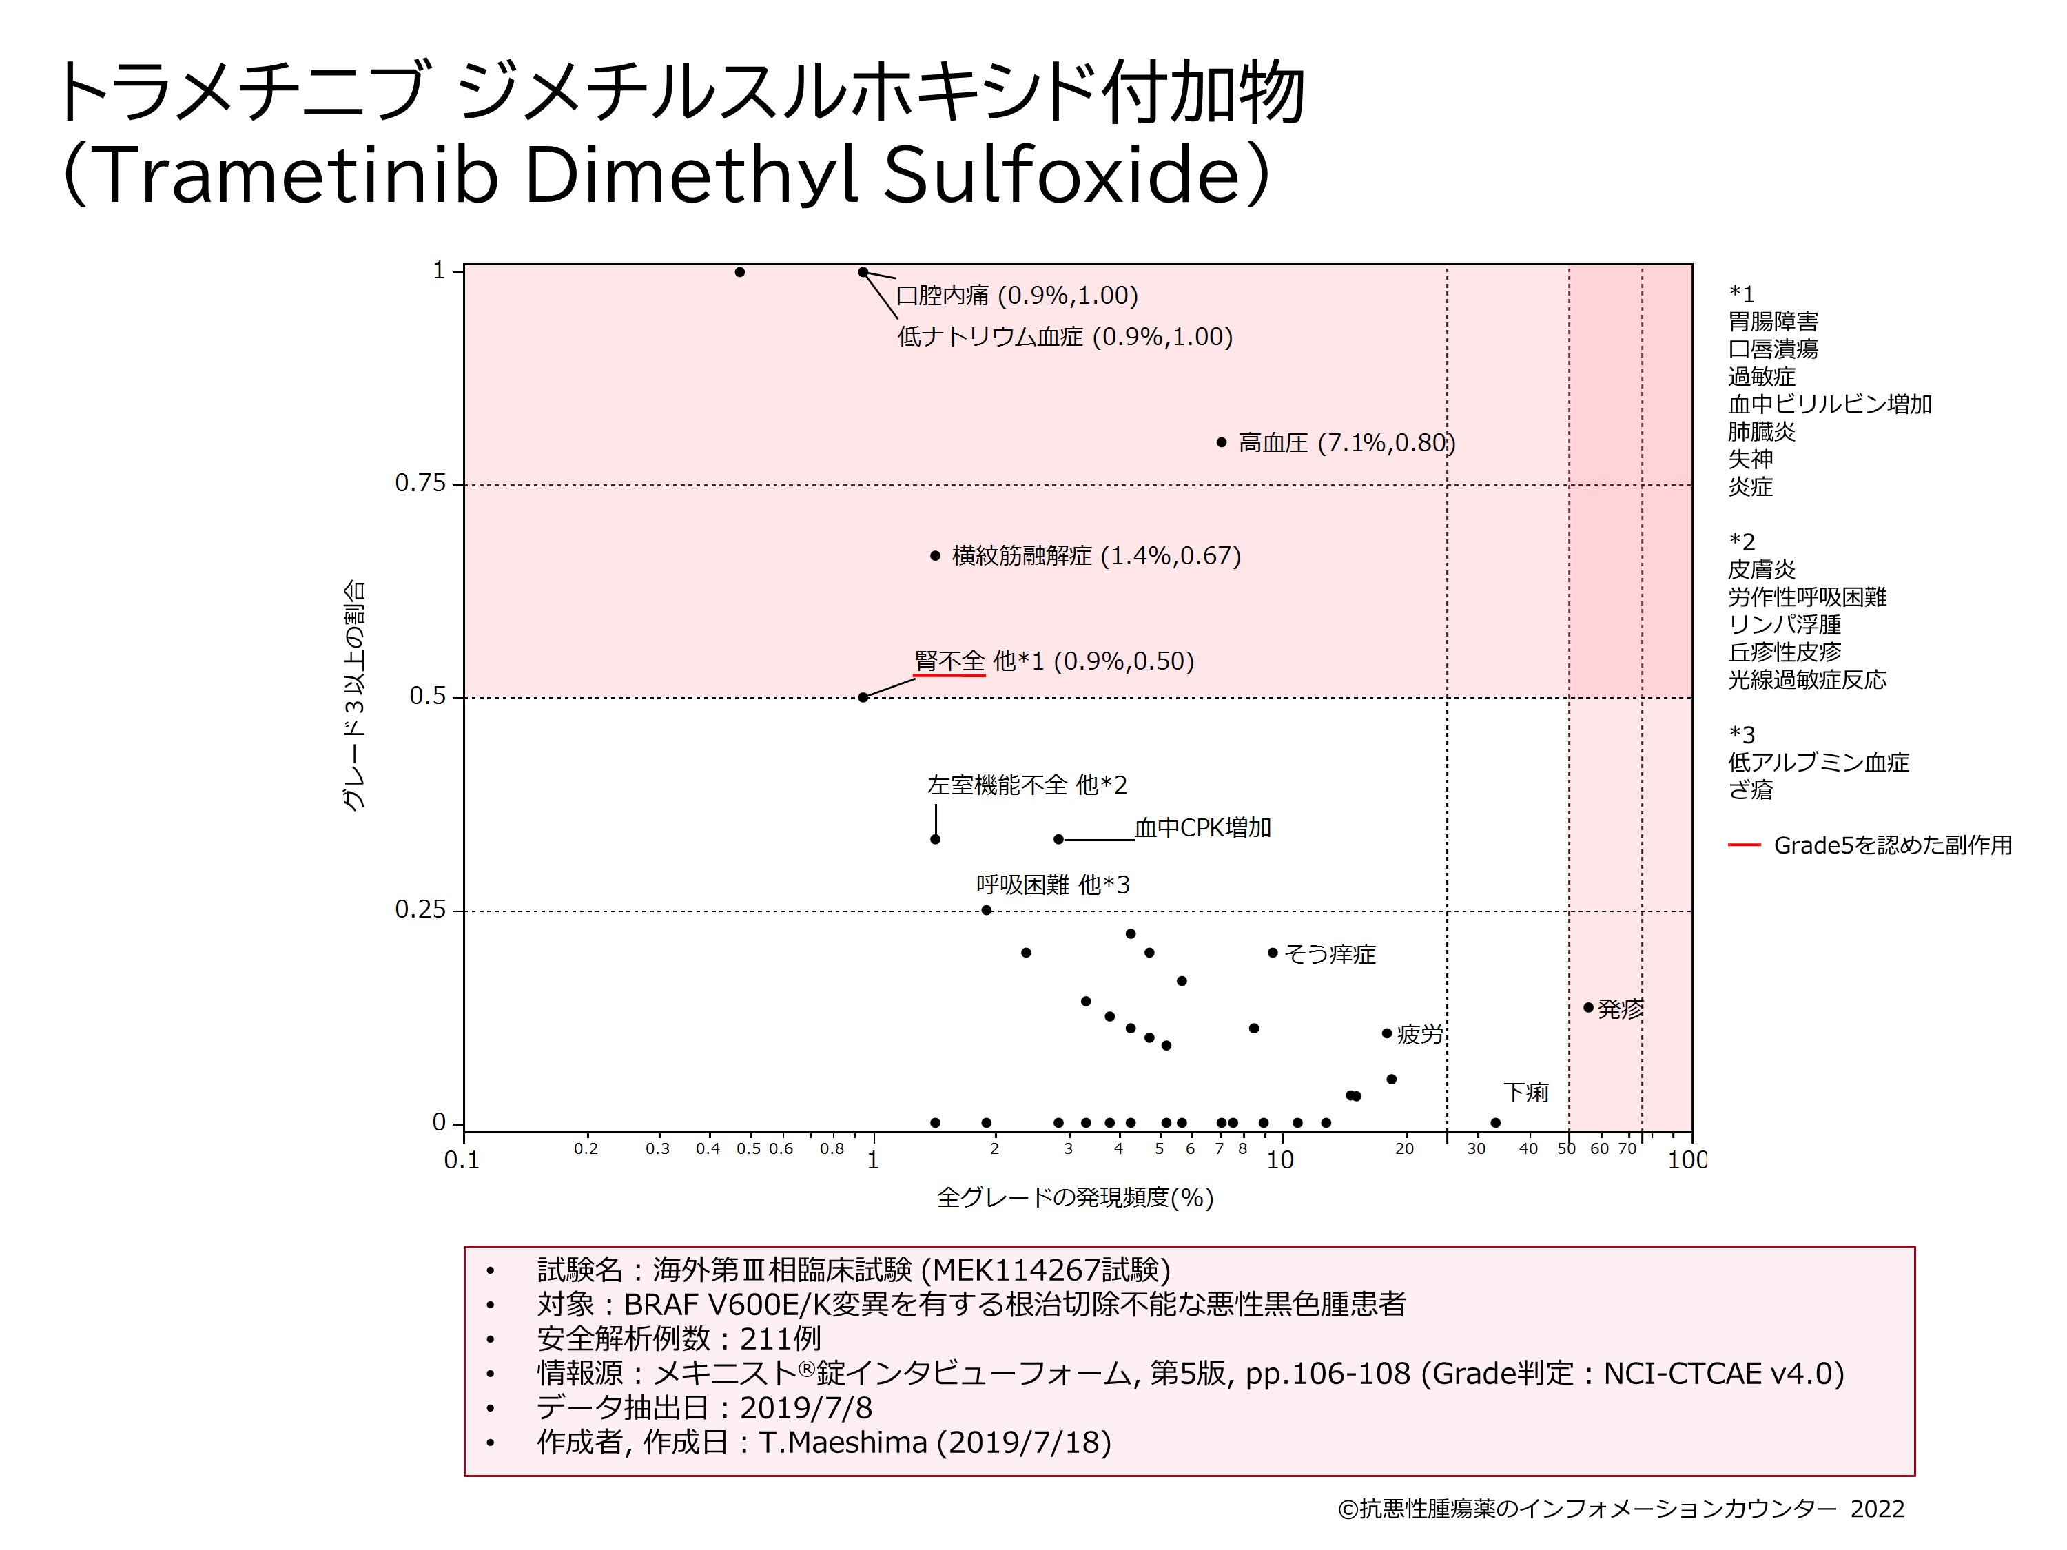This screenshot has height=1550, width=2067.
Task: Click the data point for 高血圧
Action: (x=1222, y=442)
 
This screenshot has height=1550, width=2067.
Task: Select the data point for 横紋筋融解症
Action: (x=936, y=556)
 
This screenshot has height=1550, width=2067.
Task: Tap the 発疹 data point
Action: (x=1589, y=1007)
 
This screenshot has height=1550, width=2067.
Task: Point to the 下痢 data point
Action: (x=1495, y=1123)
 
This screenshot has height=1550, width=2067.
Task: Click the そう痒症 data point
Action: (x=1273, y=953)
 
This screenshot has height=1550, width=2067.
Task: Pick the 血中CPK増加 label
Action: (x=1202, y=828)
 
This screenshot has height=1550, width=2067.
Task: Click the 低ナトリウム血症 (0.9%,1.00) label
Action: (x=1065, y=336)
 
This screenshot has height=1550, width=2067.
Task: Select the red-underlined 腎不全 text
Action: (x=949, y=661)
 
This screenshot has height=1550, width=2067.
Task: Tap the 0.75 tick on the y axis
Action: (x=420, y=483)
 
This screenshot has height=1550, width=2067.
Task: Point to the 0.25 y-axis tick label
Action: (x=420, y=909)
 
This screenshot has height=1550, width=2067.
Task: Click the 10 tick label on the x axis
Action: (x=1280, y=1160)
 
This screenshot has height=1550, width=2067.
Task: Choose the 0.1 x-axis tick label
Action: (x=462, y=1160)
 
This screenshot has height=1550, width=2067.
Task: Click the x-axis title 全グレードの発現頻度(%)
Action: (x=1075, y=1198)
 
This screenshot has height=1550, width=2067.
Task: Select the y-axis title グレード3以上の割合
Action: (x=354, y=696)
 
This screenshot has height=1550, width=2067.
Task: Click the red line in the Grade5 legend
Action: (x=1744, y=845)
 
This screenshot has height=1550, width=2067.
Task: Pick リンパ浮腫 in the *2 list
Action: (x=1784, y=624)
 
